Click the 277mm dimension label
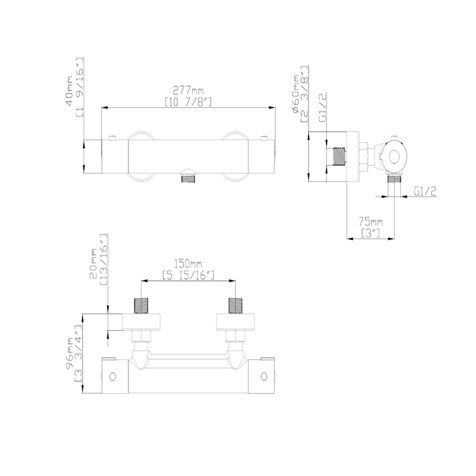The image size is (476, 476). pos(188,90)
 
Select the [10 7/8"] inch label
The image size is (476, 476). pos(188,102)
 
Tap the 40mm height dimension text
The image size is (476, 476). pos(69,91)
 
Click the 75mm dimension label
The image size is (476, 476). pos(370,222)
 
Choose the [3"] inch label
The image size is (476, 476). pos(371,233)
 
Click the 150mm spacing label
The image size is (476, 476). pos(188,263)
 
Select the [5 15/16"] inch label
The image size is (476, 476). pos(188,275)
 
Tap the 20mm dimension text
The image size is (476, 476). pos(93,263)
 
